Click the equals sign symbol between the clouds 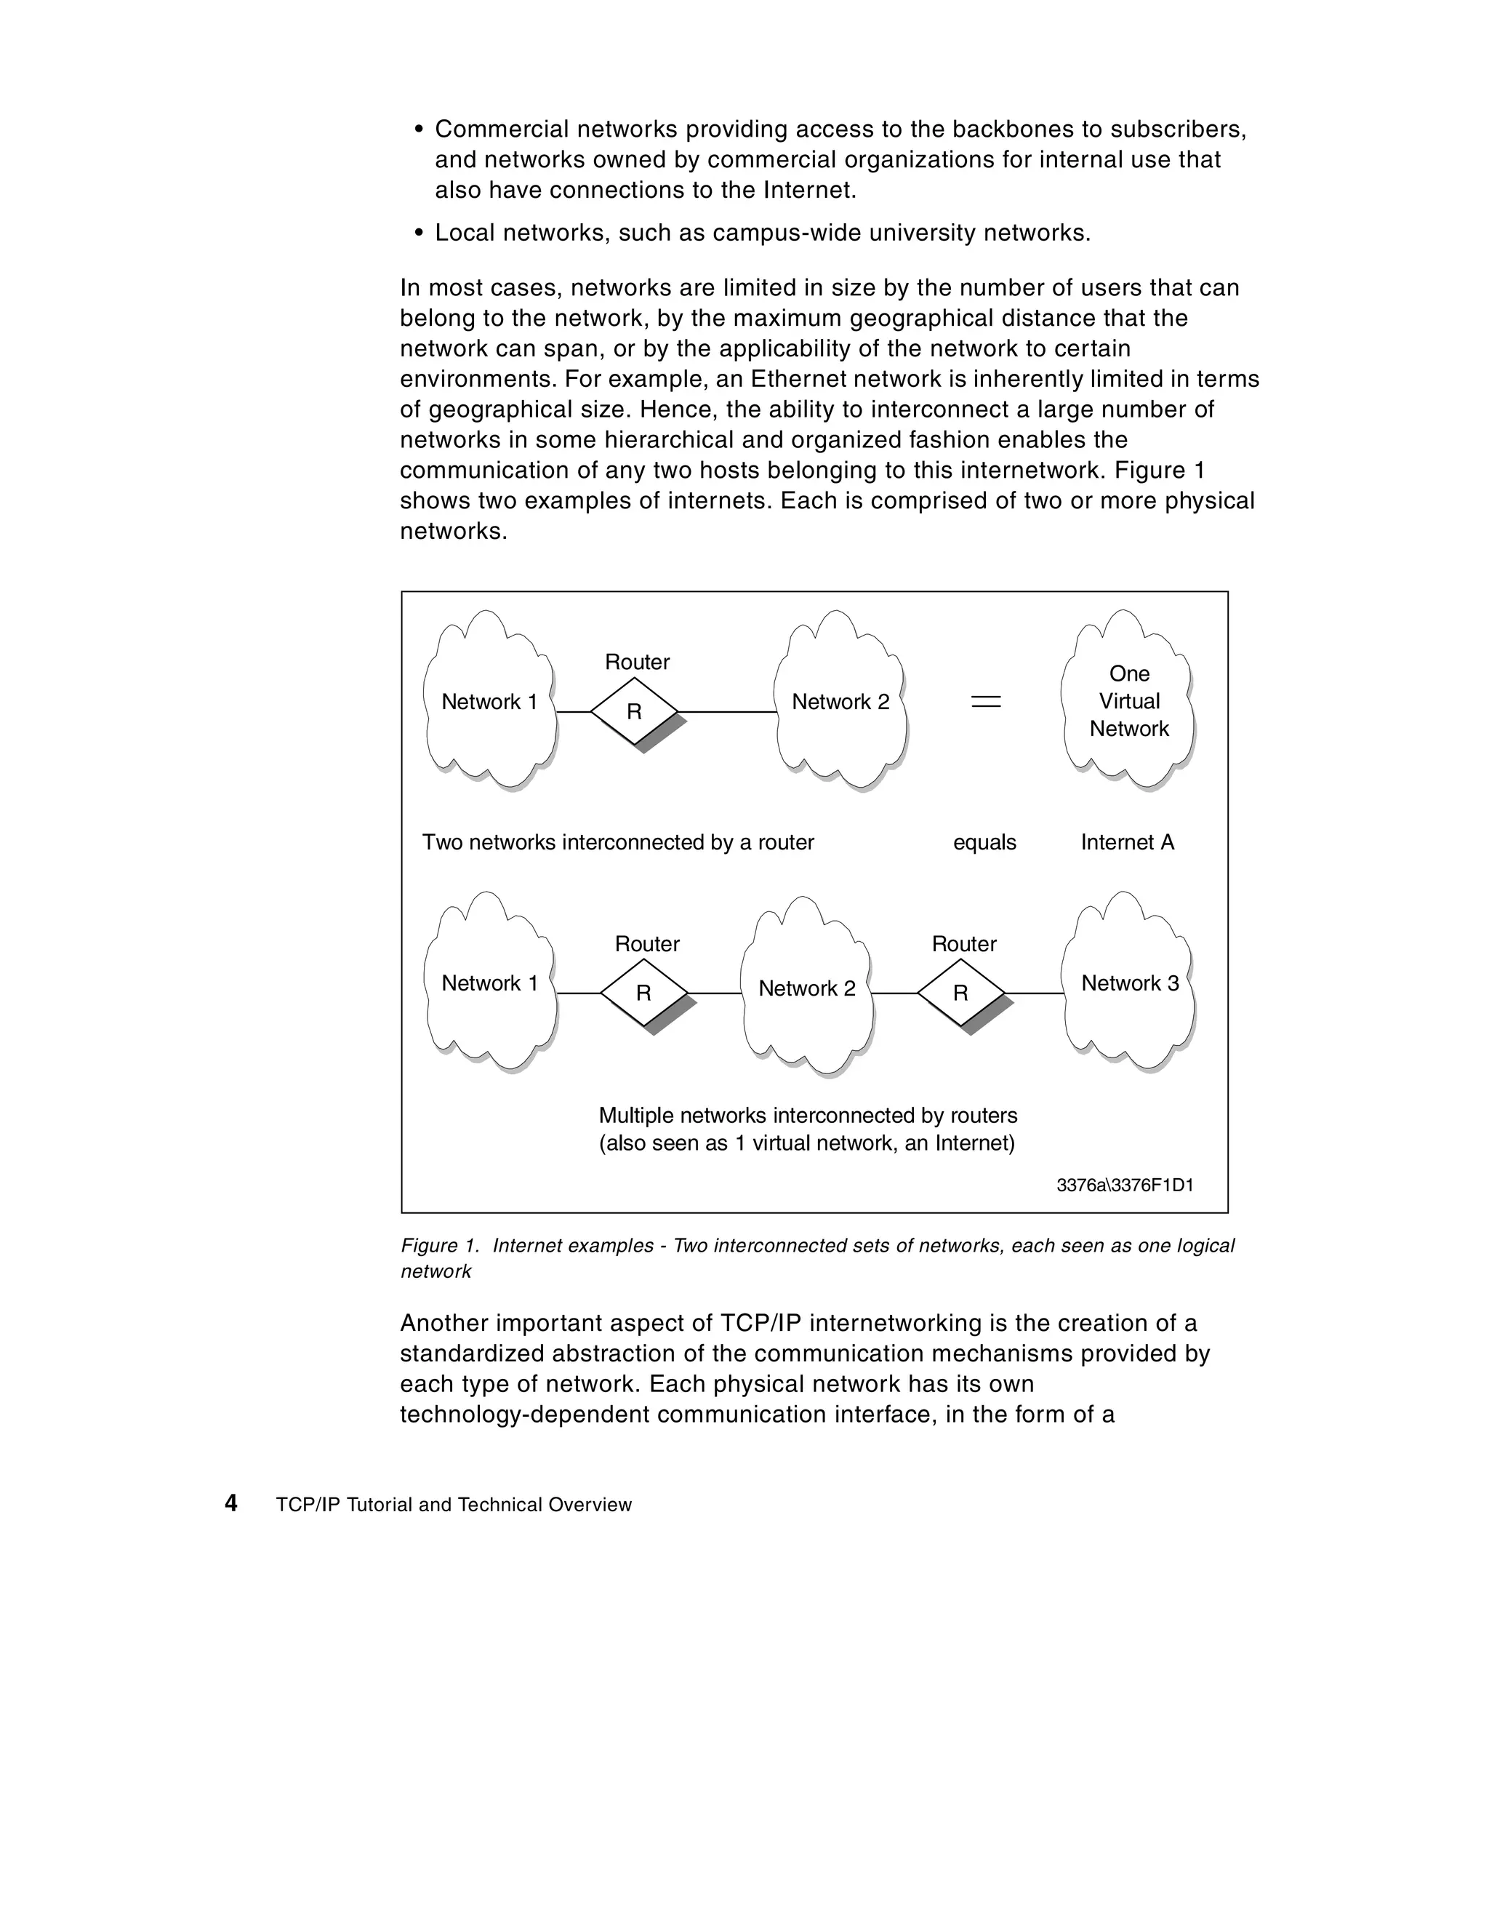986,702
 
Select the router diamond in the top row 634,711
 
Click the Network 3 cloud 1129,983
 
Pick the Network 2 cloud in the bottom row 807,988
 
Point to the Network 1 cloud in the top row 489,702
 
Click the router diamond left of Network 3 960,993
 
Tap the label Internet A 1127,842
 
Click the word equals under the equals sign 984,842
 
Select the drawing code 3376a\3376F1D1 1125,1185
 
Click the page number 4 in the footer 231,1503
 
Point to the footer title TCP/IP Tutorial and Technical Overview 454,1505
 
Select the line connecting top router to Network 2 726,711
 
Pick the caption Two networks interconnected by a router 618,842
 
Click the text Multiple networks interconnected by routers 808,1116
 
